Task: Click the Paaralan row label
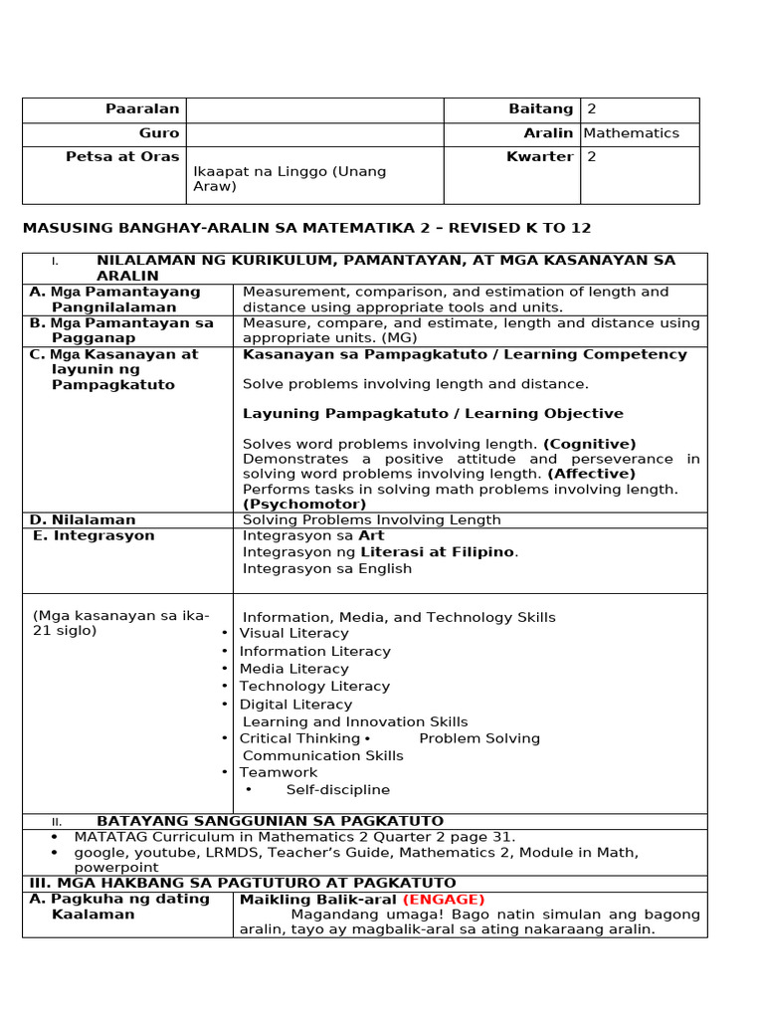pyautogui.click(x=142, y=109)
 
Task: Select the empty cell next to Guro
pyautogui.click(x=314, y=134)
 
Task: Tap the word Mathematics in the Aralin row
pyautogui.click(x=631, y=133)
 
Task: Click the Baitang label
pyautogui.click(x=540, y=109)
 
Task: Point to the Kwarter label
pyautogui.click(x=539, y=157)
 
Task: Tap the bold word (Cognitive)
pyautogui.click(x=589, y=444)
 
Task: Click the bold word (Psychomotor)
pyautogui.click(x=304, y=505)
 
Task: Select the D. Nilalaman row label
pyautogui.click(x=83, y=520)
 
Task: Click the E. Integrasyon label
pyautogui.click(x=94, y=536)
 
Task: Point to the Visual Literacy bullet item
pyautogui.click(x=293, y=634)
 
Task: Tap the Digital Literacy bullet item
pyautogui.click(x=295, y=705)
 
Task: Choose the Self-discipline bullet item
pyautogui.click(x=337, y=790)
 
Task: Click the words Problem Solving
pyautogui.click(x=478, y=738)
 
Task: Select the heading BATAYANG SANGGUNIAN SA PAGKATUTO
pyautogui.click(x=270, y=821)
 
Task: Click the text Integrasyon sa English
pyautogui.click(x=326, y=569)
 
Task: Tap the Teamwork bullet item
pyautogui.click(x=278, y=772)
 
